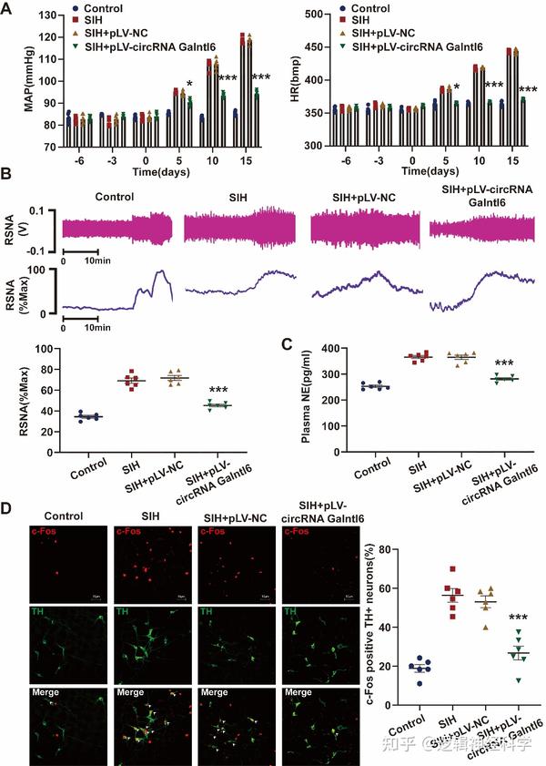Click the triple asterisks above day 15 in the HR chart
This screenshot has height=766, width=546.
(x=527, y=89)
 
